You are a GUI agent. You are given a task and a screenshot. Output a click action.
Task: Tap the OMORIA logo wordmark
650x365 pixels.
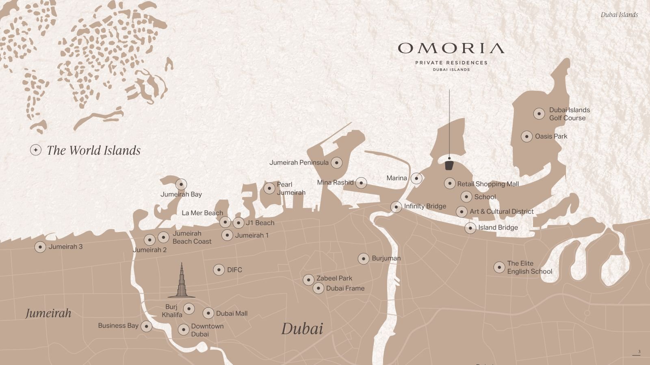tap(451, 48)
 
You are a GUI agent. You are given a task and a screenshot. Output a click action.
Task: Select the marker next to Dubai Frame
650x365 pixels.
tap(318, 288)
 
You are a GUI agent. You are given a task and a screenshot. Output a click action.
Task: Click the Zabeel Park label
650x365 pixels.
tap(334, 278)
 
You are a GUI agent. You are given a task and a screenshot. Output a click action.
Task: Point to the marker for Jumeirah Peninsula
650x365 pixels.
tap(336, 163)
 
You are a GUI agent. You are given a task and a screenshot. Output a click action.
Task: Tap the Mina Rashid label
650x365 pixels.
tap(335, 182)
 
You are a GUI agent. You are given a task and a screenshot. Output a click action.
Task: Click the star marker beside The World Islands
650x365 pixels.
tap(36, 150)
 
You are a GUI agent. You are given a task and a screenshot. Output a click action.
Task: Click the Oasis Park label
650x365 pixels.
tap(551, 136)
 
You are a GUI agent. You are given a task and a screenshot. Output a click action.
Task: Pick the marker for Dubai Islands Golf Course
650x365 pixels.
tap(539, 114)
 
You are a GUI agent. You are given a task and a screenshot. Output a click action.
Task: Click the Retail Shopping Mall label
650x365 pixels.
tap(488, 184)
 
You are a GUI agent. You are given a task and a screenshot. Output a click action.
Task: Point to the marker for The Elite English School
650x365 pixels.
tap(499, 267)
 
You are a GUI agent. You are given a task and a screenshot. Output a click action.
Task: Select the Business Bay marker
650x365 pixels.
tap(146, 326)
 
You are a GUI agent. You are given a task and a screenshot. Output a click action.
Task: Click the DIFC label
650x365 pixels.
tap(234, 270)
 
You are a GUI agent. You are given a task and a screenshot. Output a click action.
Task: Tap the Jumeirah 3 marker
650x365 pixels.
tap(40, 247)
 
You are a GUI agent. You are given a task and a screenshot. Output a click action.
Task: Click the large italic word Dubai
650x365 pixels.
tap(302, 328)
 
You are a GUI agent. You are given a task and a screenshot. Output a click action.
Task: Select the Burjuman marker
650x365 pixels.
tap(364, 258)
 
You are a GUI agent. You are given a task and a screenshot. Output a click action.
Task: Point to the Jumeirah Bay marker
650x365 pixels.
tap(181, 184)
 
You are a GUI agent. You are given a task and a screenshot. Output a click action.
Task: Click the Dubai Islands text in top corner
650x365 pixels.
tap(619, 15)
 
